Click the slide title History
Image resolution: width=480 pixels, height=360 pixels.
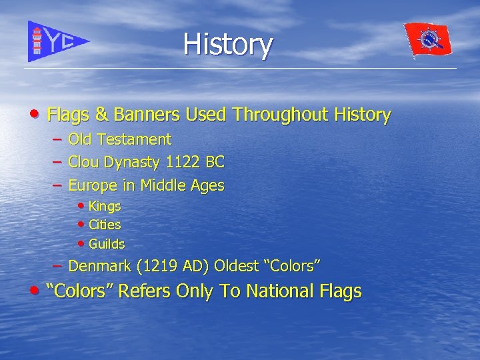coord(227,45)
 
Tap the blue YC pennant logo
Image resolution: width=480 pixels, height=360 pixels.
coord(57,41)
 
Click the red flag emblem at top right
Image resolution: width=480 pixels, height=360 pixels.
coord(428,39)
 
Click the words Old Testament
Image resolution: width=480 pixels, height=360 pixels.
coord(119,139)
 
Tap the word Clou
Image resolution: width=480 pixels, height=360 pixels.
coord(83,162)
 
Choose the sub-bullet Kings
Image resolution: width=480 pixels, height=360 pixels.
coord(105,207)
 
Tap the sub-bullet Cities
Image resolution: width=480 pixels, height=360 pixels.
coord(105,225)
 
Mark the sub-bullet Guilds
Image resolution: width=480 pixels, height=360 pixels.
coord(107,244)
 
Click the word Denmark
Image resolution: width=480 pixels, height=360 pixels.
coord(99,266)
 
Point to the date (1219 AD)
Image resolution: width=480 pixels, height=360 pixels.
coord(173,266)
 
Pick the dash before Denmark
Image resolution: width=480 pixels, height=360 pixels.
coord(58,265)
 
